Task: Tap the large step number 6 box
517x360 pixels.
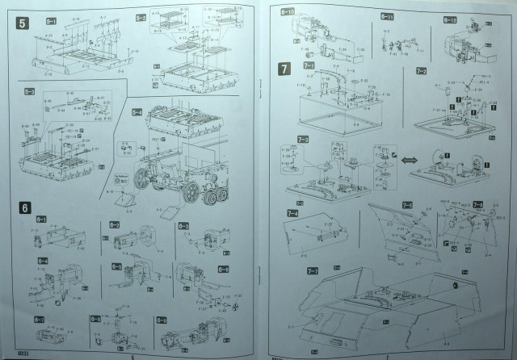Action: (25, 207)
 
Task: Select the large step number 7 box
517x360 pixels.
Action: (284, 69)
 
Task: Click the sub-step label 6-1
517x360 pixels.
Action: (41, 220)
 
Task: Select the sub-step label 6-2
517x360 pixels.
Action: (115, 224)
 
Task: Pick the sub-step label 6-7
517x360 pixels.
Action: (39, 320)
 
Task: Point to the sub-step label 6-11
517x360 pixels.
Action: (387, 16)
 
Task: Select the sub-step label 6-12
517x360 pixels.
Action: (450, 19)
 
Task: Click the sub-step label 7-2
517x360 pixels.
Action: (421, 72)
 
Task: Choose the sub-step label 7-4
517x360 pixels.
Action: (291, 212)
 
